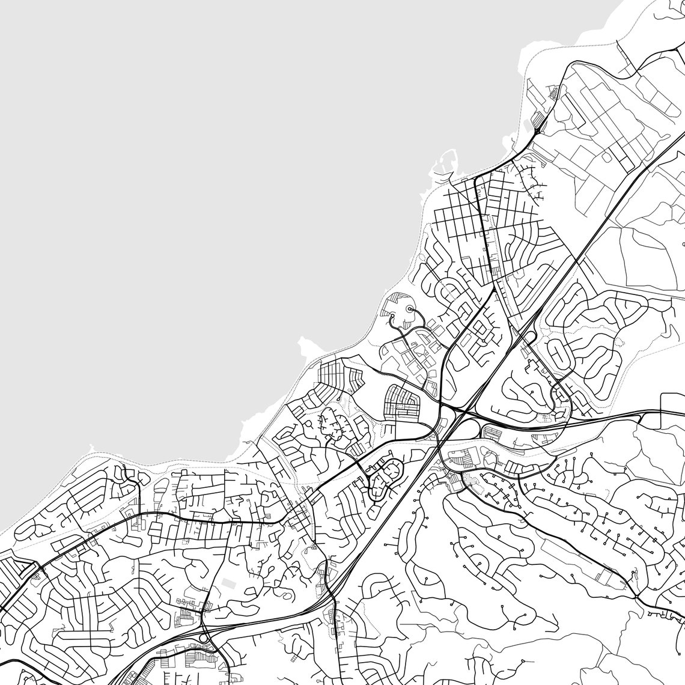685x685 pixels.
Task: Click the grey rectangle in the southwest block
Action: tap(229, 582)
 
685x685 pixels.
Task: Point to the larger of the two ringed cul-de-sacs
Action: tap(410, 310)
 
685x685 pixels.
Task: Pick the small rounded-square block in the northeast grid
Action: tap(607, 157)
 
